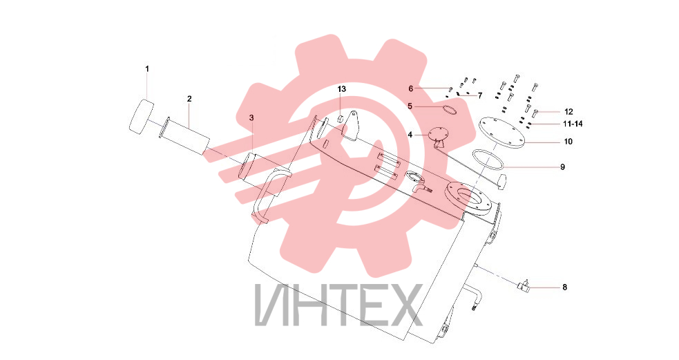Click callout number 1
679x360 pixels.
[x=147, y=69]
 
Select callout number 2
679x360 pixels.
[x=189, y=99]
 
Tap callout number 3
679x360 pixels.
[x=251, y=118]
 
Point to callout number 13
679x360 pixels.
[x=342, y=89]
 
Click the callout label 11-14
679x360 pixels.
[x=573, y=124]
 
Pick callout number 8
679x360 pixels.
[x=564, y=287]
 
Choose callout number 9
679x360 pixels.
[x=562, y=167]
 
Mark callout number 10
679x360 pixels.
[x=568, y=142]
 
